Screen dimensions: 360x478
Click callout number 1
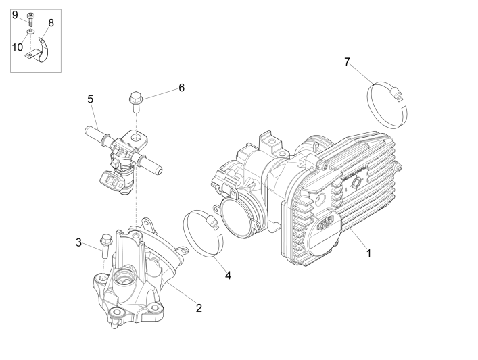coord(369,254)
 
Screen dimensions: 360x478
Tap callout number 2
coord(199,308)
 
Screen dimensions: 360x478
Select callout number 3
coord(78,242)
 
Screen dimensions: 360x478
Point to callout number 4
coord(228,275)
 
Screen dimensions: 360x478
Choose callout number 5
coord(90,99)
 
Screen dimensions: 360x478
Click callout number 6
coord(181,88)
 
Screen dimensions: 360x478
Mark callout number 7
coord(347,62)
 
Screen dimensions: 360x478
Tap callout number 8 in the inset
coord(51,22)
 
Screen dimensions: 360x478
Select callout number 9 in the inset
coord(15,14)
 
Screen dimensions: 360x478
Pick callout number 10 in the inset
coord(17,47)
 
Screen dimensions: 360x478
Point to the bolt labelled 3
coord(104,244)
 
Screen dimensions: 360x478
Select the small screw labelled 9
coord(30,18)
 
